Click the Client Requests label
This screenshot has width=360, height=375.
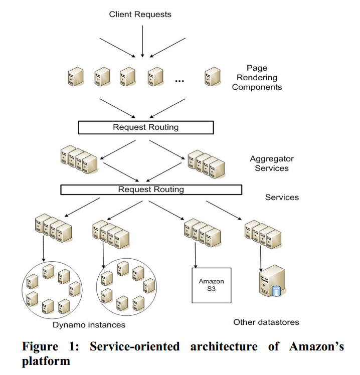140,15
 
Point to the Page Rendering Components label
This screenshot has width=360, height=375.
257,78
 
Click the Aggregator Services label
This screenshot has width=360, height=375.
272,163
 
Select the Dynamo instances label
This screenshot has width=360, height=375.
89,325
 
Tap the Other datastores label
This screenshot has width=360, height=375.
266,322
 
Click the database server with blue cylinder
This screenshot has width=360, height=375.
272,281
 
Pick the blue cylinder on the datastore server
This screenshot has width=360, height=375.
276,291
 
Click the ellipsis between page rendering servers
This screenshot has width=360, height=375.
179,81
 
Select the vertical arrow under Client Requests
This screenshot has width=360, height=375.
142,42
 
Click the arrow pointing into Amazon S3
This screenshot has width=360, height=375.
196,255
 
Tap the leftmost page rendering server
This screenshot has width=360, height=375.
76,77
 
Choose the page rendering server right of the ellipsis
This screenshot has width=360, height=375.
213,77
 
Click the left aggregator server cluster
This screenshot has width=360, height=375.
79,159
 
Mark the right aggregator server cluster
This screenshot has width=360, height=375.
206,164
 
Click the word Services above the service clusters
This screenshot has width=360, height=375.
282,198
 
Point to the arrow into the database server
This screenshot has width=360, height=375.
261,258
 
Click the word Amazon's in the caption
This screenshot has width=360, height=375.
316,346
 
